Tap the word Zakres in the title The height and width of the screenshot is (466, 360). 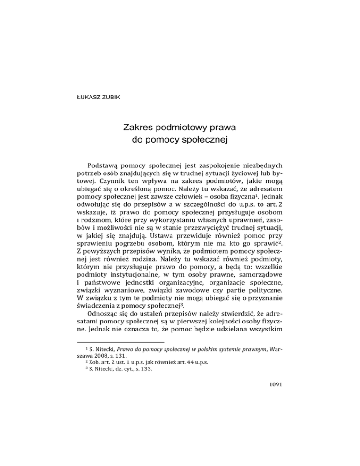[140, 128]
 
